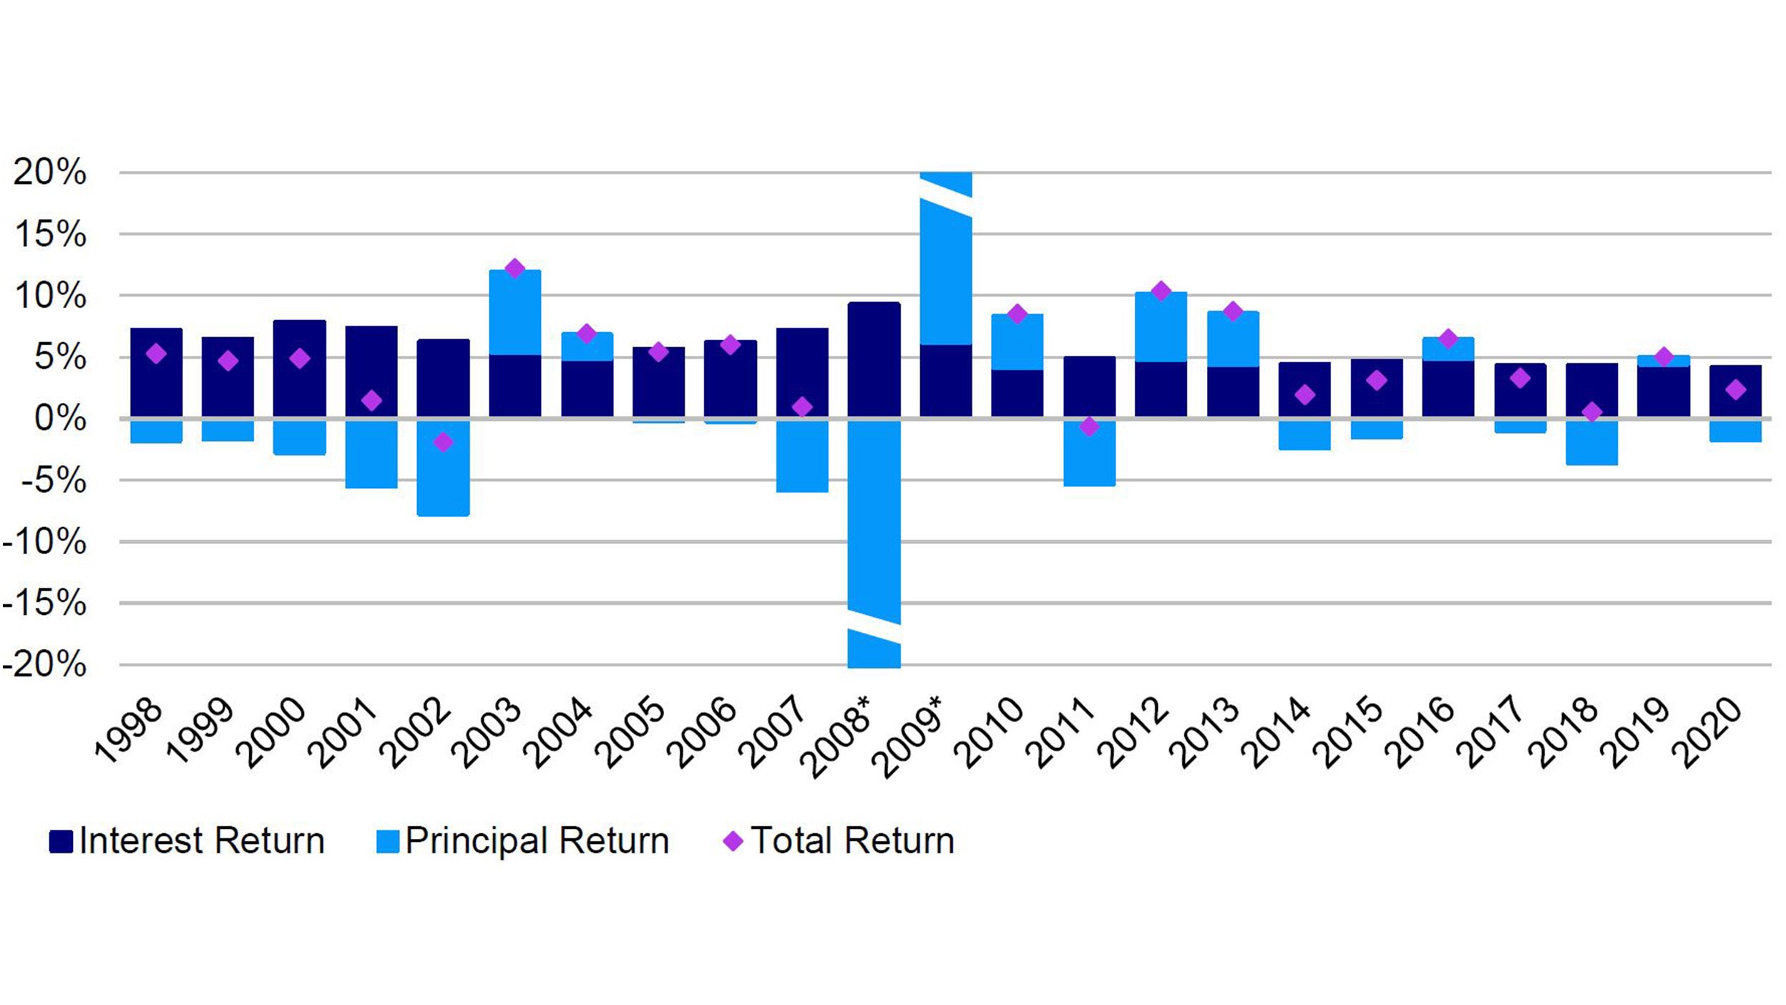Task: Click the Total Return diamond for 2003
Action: [x=514, y=269]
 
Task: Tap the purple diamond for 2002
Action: [x=443, y=442]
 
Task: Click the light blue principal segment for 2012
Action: [x=1161, y=327]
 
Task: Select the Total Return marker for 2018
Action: [x=1591, y=412]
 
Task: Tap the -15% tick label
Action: [x=44, y=603]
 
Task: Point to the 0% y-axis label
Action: [x=60, y=419]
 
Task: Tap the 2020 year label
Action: [x=1709, y=732]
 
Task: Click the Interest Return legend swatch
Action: [x=61, y=841]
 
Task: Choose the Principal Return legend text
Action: [x=537, y=841]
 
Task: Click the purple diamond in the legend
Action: [x=733, y=841]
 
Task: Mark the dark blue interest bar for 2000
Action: [x=300, y=368]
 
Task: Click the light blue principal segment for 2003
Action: [x=514, y=313]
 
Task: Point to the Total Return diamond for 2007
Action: [x=802, y=407]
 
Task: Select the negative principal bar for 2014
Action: [x=1304, y=435]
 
